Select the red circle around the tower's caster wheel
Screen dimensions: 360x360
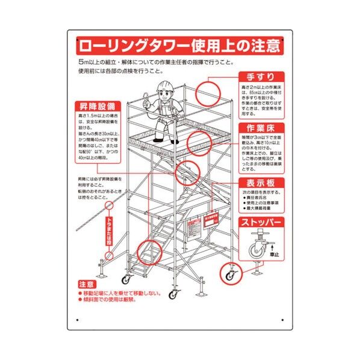point(230,275)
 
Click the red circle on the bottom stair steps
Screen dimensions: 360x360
point(149,252)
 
